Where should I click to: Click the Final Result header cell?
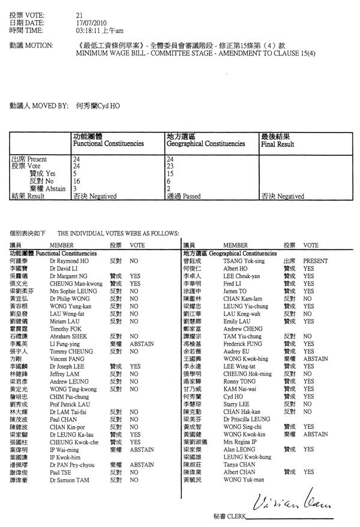click(x=277, y=144)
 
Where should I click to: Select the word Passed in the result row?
click(x=192, y=196)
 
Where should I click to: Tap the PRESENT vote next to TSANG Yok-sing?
click(x=315, y=261)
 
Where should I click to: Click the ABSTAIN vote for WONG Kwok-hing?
click(x=315, y=341)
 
